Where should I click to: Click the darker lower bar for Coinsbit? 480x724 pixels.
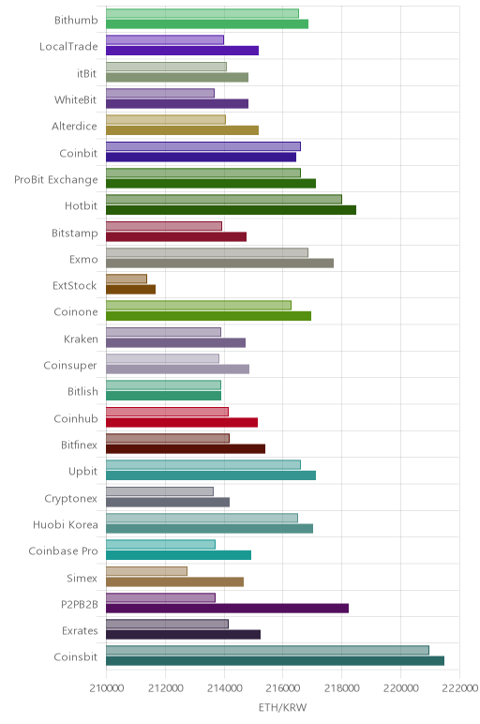(275, 661)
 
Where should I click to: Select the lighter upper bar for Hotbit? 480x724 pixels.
(224, 199)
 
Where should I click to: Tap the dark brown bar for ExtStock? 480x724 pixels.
(130, 290)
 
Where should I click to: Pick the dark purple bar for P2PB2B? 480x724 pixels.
(227, 608)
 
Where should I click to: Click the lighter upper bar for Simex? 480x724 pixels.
(147, 571)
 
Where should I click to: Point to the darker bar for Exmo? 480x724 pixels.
(219, 264)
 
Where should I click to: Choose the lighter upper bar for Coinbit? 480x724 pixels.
(203, 146)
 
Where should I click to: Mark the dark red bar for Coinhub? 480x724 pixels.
(182, 422)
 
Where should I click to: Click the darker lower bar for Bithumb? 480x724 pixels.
(207, 24)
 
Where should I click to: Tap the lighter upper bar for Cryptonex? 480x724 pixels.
(159, 491)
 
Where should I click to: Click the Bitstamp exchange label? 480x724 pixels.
(75, 233)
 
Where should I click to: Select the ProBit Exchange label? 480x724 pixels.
(56, 180)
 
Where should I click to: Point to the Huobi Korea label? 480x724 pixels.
(66, 525)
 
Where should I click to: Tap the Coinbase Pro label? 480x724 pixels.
(63, 551)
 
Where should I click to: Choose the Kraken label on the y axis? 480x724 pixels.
(82, 339)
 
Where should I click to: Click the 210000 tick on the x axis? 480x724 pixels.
(106, 688)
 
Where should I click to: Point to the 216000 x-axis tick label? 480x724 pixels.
(283, 688)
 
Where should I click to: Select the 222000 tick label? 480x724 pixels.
(459, 688)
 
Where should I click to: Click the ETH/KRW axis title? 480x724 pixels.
(282, 707)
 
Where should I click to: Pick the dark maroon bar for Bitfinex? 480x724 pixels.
(186, 449)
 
